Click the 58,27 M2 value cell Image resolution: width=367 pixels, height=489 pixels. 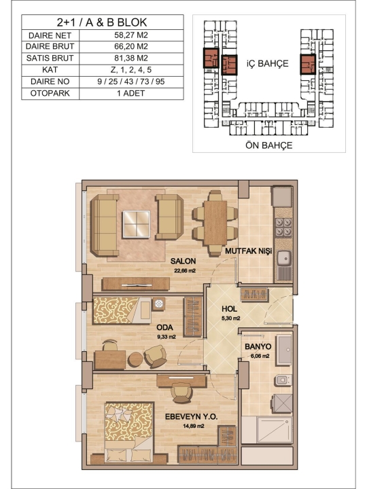click(x=131, y=35)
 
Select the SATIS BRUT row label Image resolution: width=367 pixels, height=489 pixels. click(x=50, y=58)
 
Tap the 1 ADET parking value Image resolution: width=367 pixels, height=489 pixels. click(x=130, y=93)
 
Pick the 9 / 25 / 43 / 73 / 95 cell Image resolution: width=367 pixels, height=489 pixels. click(x=130, y=81)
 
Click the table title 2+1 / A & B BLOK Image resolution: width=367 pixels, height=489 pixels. click(x=102, y=22)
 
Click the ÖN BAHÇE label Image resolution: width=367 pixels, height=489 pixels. click(x=268, y=145)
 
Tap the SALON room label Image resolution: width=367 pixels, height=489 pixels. click(x=183, y=261)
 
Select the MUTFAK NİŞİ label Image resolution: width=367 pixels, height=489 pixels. click(x=249, y=251)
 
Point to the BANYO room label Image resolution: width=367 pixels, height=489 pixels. click(x=258, y=346)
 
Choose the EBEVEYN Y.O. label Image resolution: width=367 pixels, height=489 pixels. click(x=191, y=416)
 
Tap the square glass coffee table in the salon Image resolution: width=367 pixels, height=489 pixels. click(x=137, y=224)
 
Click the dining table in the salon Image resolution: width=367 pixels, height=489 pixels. click(x=215, y=223)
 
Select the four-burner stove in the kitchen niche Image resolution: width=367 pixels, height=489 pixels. click(x=283, y=228)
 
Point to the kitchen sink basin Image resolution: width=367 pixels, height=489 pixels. click(x=284, y=257)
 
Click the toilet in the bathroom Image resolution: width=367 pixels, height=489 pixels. click(x=283, y=380)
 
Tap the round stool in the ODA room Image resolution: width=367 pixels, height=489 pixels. click(x=135, y=359)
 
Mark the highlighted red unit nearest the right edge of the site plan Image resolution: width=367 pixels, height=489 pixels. click(x=308, y=65)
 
